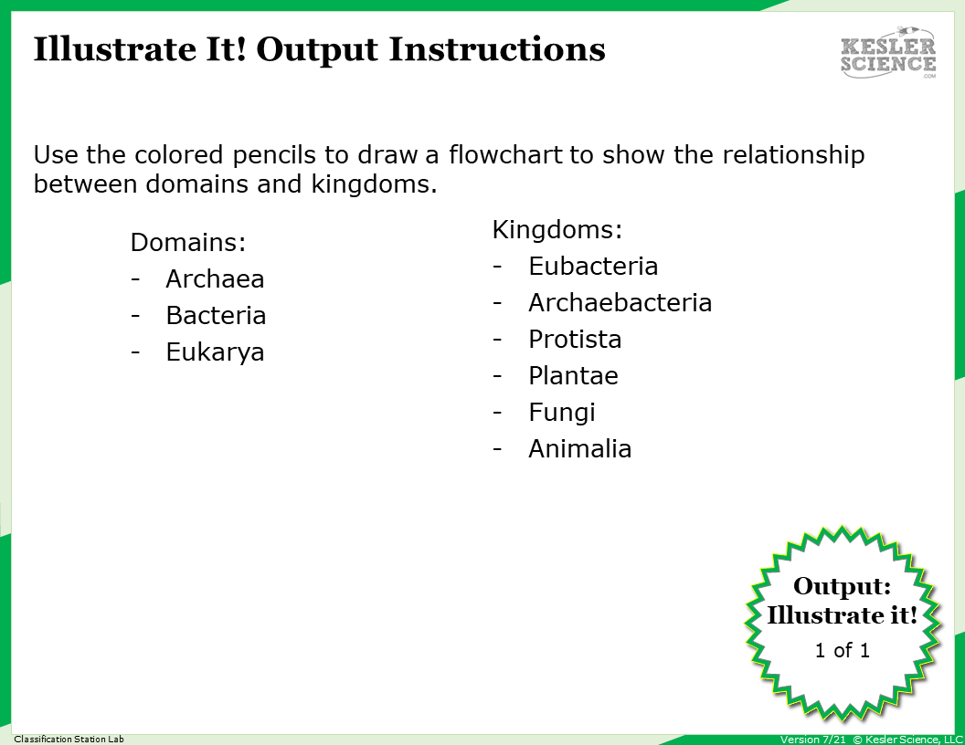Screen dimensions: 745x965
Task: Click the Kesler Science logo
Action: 888,53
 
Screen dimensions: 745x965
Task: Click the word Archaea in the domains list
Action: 215,279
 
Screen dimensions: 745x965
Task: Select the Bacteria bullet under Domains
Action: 216,316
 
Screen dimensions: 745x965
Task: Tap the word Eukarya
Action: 215,352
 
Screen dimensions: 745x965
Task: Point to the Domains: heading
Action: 188,243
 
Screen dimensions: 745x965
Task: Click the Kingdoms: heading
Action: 557,230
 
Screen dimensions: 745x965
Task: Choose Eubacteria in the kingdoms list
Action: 593,267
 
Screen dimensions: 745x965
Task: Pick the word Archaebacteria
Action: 620,303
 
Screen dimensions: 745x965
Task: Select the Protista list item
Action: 575,340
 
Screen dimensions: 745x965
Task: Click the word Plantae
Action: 573,376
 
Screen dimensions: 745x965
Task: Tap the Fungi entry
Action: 561,413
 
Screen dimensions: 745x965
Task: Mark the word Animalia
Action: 579,449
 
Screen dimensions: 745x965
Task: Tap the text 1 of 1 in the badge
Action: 842,651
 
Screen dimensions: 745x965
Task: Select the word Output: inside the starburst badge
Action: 842,587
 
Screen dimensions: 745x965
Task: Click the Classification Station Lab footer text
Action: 69,739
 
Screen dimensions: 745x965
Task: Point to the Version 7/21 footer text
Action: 812,740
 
